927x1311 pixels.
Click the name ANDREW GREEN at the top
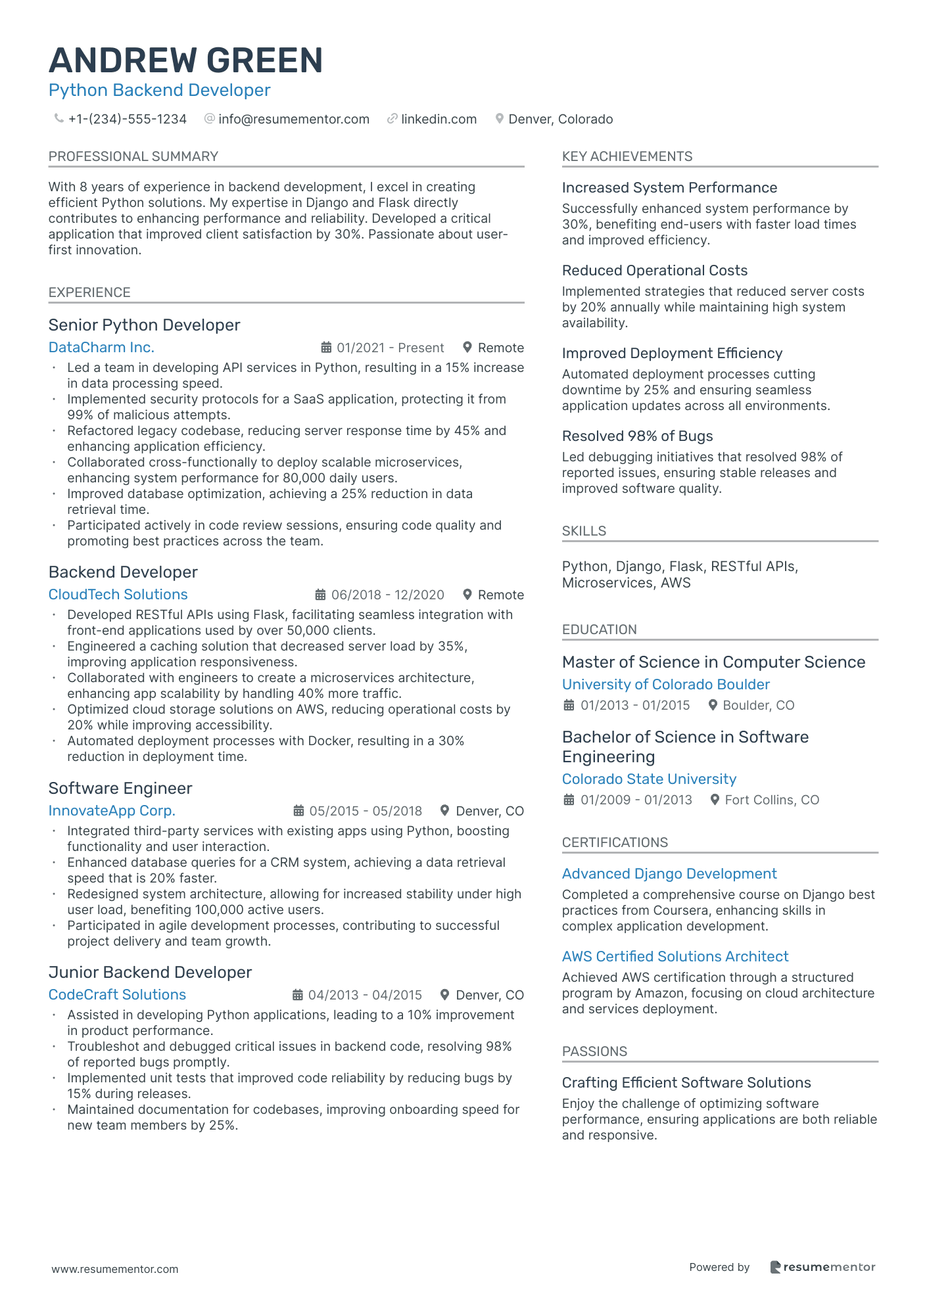pos(185,60)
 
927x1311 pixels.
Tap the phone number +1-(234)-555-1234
pos(127,119)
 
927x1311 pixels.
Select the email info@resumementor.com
pos(293,119)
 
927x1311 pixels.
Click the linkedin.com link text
pos(439,119)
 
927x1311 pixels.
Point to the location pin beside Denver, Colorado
pos(500,119)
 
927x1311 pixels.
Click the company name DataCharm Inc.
pos(101,348)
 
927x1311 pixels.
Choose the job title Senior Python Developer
pos(144,325)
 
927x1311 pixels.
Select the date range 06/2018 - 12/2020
pos(387,595)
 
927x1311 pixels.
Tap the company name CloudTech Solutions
pos(118,595)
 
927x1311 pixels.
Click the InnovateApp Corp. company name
pos(112,811)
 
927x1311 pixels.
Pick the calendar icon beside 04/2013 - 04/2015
pos(298,995)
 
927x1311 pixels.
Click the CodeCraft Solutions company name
pos(117,995)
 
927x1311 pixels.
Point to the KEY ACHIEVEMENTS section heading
pos(627,156)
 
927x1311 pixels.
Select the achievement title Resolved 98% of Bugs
pos(637,436)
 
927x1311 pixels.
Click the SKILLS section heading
pos(584,531)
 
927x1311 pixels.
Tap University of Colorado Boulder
pos(665,685)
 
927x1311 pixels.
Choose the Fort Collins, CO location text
pos(772,800)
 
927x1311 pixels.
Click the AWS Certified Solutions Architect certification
pos(675,957)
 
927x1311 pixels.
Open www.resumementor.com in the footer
pos(115,1269)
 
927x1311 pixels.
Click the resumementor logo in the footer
pos(822,1267)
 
